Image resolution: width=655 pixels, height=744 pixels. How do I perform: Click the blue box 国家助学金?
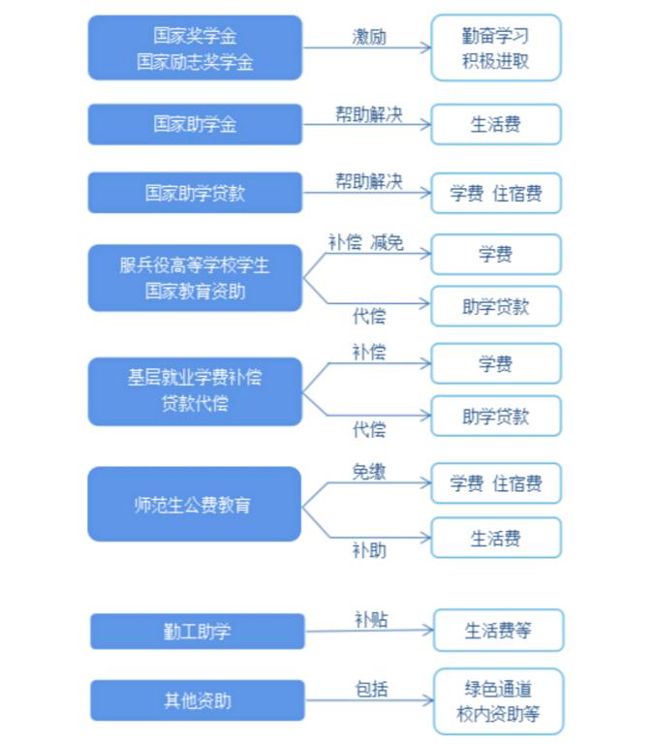coord(195,124)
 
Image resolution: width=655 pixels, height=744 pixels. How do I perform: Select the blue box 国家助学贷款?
coord(195,193)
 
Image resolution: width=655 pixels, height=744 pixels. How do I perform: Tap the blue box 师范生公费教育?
coord(195,504)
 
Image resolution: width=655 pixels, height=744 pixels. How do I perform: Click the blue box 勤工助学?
coord(198,631)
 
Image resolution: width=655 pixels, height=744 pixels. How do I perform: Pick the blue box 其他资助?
coord(198,700)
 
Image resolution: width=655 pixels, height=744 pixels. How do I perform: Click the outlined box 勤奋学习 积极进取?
coord(496,47)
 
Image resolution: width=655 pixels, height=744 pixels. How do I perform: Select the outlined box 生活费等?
coord(498,630)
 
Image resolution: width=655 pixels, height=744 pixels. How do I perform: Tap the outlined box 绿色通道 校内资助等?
coord(498,701)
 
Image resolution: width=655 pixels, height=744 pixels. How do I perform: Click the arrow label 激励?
coord(369,37)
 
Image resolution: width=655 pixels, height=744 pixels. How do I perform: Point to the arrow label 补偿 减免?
coord(366,242)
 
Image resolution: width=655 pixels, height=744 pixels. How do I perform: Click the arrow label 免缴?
coord(369,472)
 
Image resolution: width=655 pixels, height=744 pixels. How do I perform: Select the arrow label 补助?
coord(369,550)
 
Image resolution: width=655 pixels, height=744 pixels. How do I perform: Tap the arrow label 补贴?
coord(372,620)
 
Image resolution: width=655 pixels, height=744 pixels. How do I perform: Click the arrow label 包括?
coord(372,689)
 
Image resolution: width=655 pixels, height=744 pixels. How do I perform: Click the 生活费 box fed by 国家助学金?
coord(496,124)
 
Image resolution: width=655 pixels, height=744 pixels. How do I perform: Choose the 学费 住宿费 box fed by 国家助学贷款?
coord(496,193)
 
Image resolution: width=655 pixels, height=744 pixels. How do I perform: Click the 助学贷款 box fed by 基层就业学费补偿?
coord(496,417)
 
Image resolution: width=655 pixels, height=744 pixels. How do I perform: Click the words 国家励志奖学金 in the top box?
coord(195,62)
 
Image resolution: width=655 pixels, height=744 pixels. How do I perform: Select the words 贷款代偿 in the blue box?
coord(195,404)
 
